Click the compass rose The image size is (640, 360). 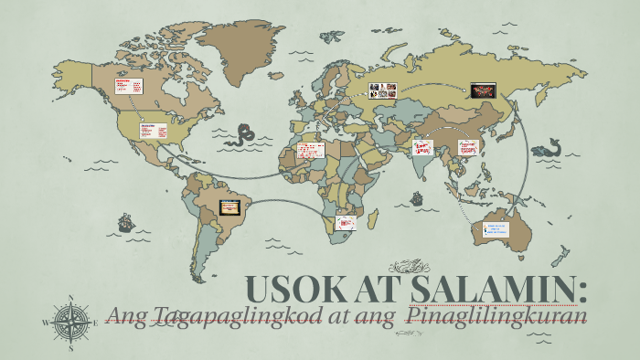70,323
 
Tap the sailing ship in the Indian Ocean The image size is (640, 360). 417,196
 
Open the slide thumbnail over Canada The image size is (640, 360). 127,86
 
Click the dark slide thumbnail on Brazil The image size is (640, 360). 228,206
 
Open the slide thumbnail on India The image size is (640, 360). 422,146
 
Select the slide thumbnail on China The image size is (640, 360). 468,146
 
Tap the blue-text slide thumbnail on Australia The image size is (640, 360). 496,229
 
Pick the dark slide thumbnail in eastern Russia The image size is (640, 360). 482,90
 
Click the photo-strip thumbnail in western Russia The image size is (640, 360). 382,90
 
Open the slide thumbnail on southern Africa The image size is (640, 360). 346,221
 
